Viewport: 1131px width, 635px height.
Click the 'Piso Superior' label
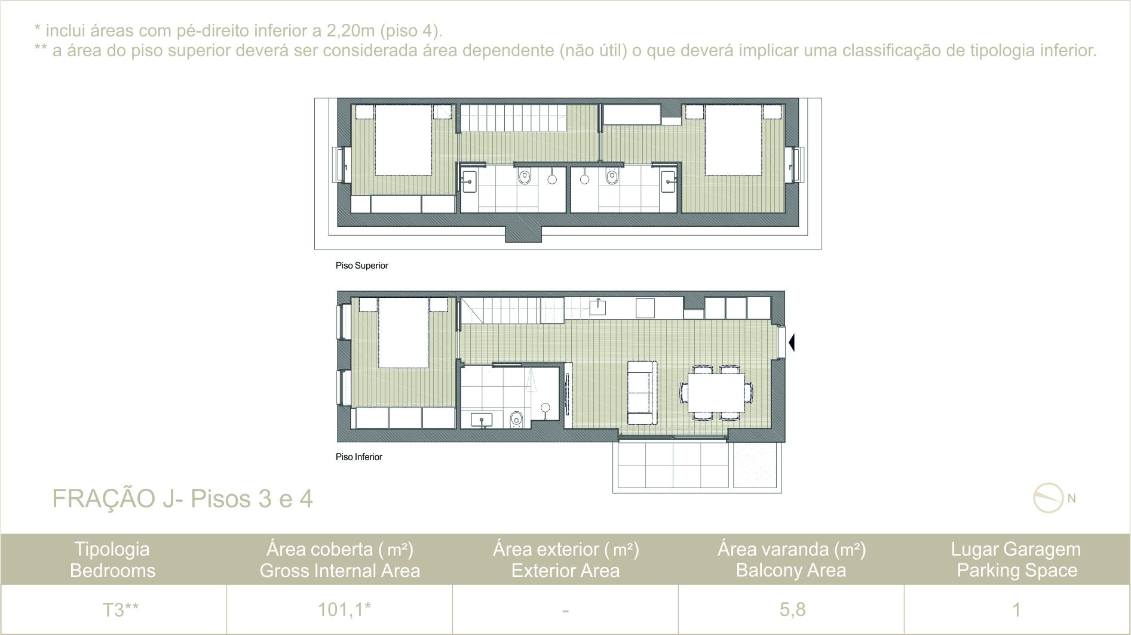coord(361,266)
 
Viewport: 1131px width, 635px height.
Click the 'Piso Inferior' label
coord(358,457)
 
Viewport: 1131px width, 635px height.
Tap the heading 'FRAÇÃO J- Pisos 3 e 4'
coord(182,498)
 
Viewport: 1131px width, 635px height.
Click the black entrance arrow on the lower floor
coord(792,343)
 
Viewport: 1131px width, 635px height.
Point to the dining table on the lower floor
coord(716,392)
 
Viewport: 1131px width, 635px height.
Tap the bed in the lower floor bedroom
coord(403,333)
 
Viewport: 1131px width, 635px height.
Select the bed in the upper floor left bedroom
coord(403,140)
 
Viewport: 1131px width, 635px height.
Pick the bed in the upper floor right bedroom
coord(734,140)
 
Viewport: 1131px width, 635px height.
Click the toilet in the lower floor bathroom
coord(517,419)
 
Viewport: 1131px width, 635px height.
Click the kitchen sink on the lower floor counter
coord(597,307)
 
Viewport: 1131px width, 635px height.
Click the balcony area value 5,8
coord(792,609)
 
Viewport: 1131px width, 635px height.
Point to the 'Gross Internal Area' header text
coord(340,571)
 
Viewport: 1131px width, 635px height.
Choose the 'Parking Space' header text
coord(1017,571)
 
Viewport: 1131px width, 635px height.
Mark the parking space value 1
coord(1016,609)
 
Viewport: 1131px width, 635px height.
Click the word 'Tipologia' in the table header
coord(112,549)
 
